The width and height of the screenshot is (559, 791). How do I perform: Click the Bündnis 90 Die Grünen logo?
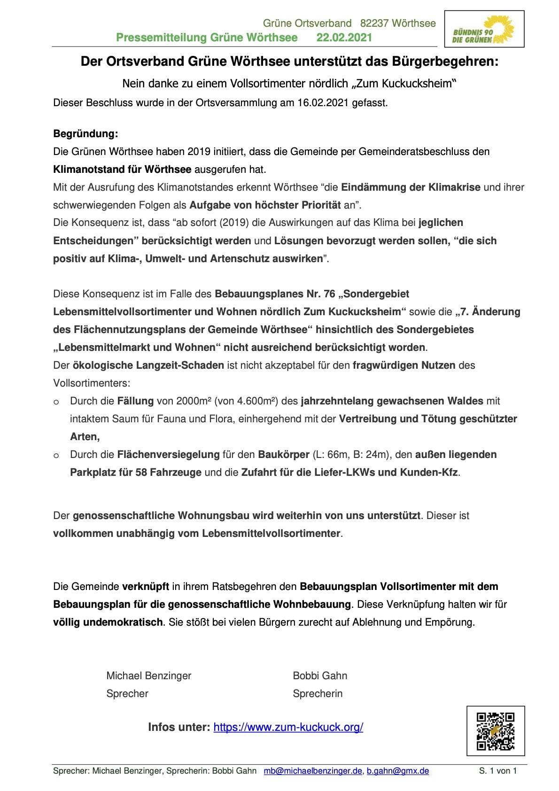coord(484,29)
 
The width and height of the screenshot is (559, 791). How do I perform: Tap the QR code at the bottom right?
coord(495,731)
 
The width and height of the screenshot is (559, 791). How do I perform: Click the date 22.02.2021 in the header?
coord(344,38)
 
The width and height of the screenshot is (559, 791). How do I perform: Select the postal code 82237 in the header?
coord(374,23)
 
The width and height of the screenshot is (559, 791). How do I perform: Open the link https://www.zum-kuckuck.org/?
coord(288,727)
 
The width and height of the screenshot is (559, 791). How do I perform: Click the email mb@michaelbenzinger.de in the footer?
coord(313,771)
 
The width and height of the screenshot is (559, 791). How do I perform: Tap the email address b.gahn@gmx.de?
coord(398,771)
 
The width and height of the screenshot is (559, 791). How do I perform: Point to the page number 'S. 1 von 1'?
coord(497,771)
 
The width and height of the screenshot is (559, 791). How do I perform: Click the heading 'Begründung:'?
coord(85,134)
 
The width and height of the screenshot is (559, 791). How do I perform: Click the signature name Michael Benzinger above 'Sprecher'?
coord(149,675)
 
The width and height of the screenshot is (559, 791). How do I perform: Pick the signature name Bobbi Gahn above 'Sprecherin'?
coord(320,675)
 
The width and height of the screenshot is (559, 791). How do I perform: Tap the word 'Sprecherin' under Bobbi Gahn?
coord(318,693)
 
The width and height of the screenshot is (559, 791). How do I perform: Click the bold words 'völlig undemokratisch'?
coord(108,622)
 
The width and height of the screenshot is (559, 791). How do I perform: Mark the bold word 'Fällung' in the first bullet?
coord(135,401)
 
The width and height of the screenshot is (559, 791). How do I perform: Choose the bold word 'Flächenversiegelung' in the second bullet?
coord(168,455)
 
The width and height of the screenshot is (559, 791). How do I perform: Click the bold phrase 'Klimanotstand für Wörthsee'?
coord(122,169)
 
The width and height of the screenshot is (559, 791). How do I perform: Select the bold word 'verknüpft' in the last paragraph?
coord(146,587)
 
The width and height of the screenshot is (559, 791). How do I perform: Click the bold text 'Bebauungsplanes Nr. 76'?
coord(275,294)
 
